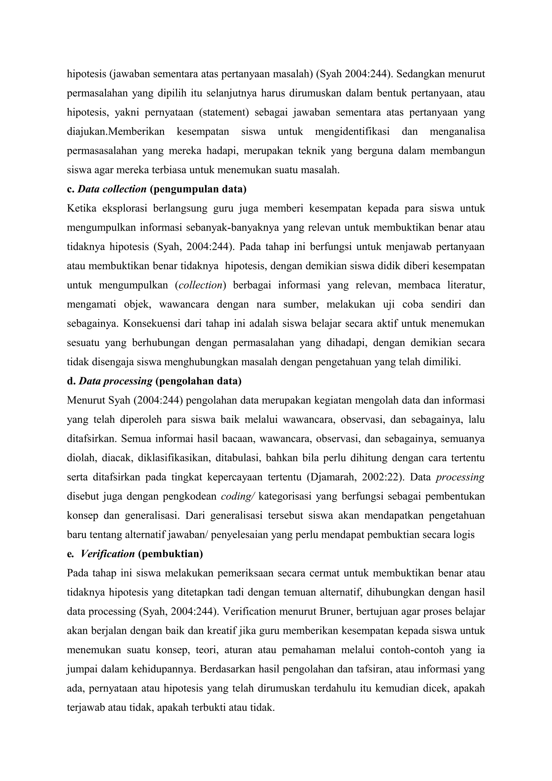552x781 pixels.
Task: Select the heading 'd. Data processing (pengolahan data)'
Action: coord(154,381)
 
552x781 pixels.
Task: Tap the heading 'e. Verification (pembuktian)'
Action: coord(135,554)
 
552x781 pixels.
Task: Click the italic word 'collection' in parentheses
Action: coord(201,285)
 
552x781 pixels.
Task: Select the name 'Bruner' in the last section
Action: coord(334,611)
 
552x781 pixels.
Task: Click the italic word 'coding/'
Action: coord(238,496)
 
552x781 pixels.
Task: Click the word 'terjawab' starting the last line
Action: coord(85,707)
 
